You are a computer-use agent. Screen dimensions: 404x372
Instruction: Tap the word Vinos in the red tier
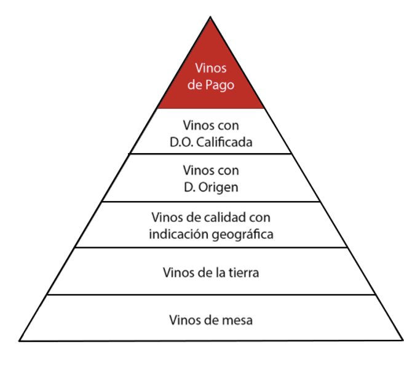211,68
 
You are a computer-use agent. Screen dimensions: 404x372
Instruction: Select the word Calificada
224,142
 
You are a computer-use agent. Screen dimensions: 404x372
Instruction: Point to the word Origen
218,188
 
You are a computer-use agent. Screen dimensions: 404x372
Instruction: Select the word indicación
176,234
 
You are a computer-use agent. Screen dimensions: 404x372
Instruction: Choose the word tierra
244,272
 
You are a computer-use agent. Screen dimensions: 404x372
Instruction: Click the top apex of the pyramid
210,17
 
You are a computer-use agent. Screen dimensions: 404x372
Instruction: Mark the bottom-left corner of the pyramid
19,341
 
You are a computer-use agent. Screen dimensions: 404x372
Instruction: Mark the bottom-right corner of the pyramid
402,340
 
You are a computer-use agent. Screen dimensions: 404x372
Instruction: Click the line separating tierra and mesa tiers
212,295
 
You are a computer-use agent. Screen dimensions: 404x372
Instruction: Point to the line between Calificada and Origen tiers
210,154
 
